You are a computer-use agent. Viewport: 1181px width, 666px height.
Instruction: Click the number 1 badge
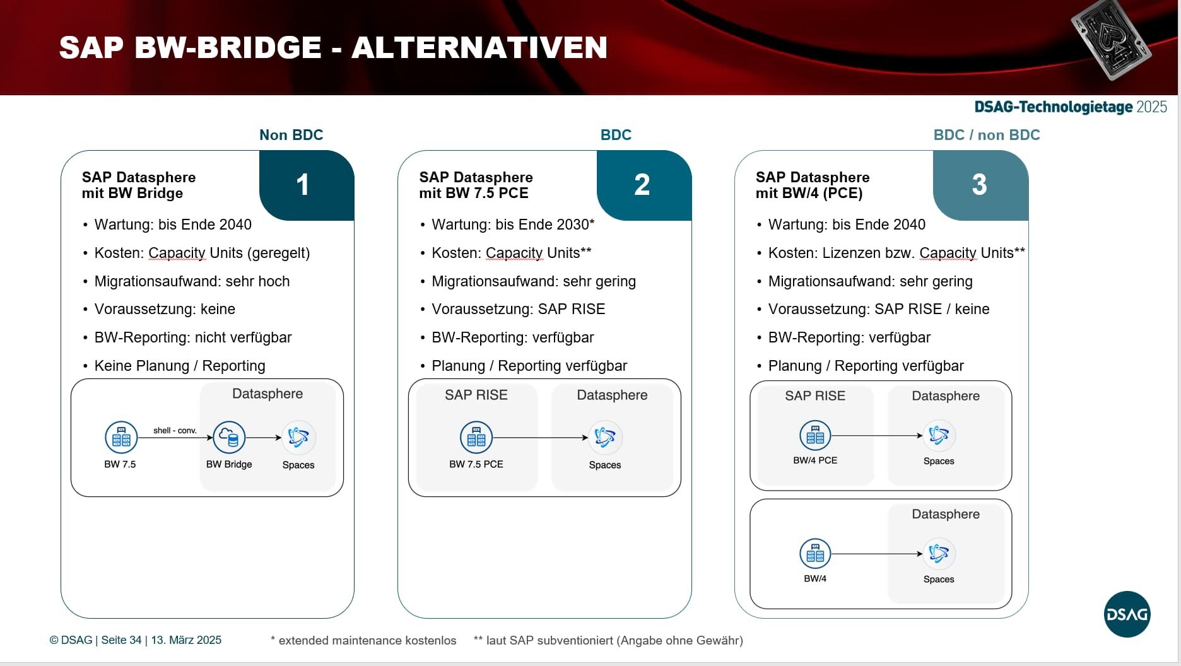(303, 185)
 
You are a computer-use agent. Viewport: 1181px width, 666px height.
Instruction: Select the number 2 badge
(642, 185)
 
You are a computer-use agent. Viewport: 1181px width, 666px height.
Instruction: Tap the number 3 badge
(979, 185)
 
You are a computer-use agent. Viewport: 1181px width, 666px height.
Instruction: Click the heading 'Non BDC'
(291, 135)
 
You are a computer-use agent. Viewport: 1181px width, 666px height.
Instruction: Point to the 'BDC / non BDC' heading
(986, 135)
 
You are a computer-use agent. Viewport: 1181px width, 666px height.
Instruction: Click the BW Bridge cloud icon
(229, 437)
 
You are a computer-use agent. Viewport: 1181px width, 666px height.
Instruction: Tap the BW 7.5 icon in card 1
(120, 437)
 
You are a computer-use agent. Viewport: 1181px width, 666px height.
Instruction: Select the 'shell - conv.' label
(175, 431)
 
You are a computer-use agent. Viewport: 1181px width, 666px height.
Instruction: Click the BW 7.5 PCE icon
(476, 437)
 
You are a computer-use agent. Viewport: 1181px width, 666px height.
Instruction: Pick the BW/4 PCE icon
(815, 435)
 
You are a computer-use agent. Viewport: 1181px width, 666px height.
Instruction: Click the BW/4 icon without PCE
(815, 554)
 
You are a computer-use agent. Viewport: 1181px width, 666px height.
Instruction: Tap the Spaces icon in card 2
(605, 437)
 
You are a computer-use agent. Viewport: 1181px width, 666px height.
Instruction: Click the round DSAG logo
(1127, 614)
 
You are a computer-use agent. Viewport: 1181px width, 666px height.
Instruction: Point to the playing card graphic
(1111, 39)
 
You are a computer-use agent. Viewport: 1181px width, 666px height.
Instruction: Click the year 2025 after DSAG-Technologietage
(1151, 107)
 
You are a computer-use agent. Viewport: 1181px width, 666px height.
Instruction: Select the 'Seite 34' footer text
(121, 640)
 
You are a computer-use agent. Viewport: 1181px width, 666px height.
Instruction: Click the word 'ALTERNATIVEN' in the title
(479, 48)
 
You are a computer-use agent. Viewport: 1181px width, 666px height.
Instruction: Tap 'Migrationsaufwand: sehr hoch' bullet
(192, 281)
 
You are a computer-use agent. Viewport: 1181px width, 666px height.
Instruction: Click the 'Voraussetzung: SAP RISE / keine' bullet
(878, 309)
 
